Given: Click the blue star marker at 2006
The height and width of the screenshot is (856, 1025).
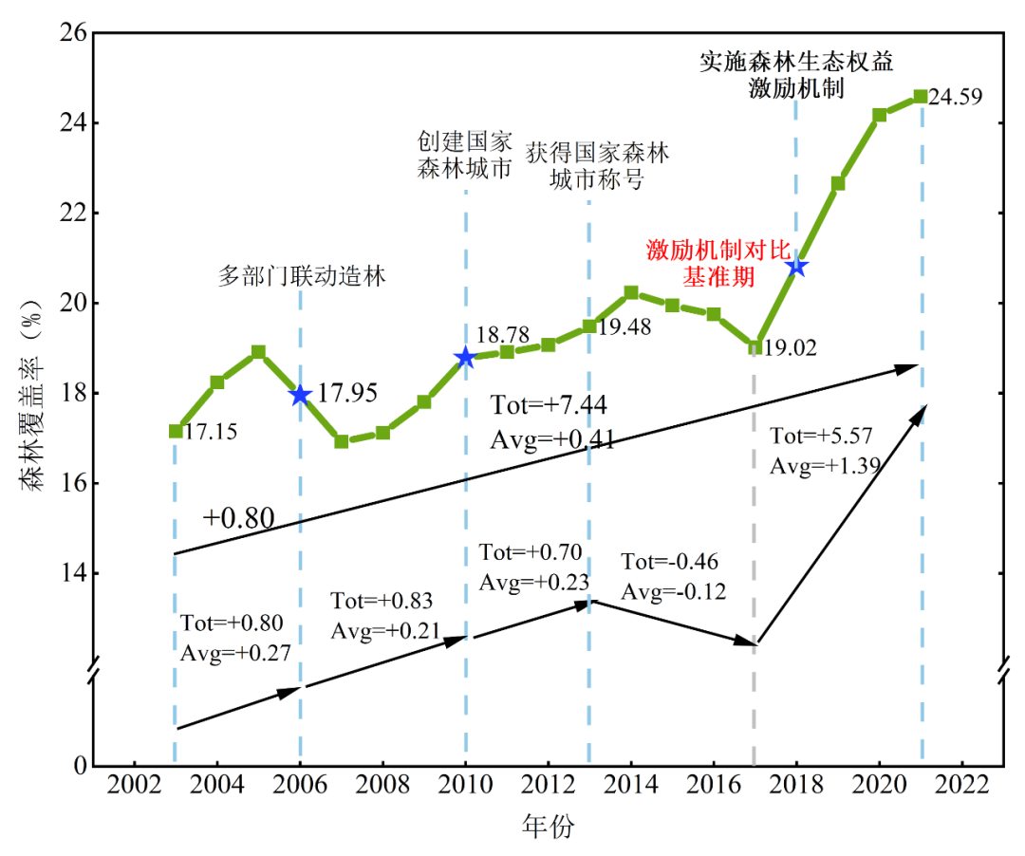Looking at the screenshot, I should (300, 395).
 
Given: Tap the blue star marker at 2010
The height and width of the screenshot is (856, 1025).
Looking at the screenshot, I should (465, 357).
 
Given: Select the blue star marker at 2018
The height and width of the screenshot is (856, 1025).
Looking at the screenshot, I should (796, 267).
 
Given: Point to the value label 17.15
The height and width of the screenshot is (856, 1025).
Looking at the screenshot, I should (210, 433).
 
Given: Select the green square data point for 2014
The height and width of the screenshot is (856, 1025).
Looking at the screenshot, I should (631, 292).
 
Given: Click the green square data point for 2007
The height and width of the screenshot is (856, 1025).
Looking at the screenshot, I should (342, 441).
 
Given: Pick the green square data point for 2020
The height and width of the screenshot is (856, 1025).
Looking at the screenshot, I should (880, 115).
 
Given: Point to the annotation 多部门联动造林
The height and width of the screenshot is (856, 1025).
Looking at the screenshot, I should (303, 277).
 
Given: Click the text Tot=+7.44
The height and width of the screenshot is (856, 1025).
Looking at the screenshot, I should (549, 405).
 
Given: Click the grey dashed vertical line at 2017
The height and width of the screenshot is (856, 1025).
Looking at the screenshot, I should (755, 569).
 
